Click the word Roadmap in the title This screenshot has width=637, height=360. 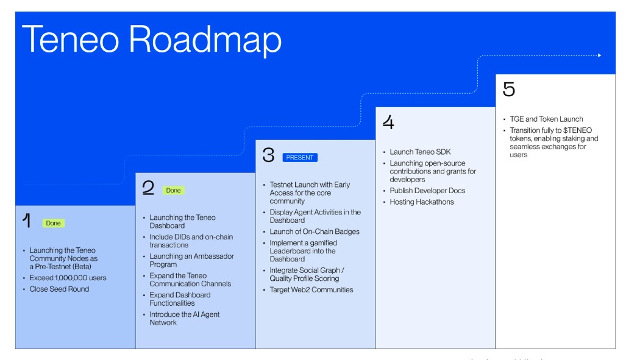[x=205, y=40]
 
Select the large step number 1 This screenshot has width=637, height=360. [x=26, y=222]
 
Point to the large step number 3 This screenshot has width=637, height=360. [x=269, y=156]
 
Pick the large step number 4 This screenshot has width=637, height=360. [x=388, y=122]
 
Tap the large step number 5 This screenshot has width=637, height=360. [x=508, y=90]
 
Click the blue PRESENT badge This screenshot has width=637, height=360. [x=300, y=158]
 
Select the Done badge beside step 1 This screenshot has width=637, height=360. [x=54, y=224]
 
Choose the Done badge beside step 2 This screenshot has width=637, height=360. [x=174, y=191]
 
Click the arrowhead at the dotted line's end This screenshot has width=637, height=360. [x=600, y=55]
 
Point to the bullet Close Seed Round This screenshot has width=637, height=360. [x=59, y=289]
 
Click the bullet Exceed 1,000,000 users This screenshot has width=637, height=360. [x=68, y=278]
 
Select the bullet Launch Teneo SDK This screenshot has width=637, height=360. [x=421, y=152]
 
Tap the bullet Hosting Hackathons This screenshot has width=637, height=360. [x=422, y=202]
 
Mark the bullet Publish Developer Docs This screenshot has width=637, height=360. [x=427, y=191]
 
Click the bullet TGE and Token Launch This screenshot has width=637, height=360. [x=546, y=119]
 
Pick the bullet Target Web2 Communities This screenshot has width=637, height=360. [x=311, y=290]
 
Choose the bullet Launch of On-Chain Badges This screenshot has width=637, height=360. [x=315, y=231]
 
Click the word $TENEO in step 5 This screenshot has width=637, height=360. [x=577, y=130]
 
